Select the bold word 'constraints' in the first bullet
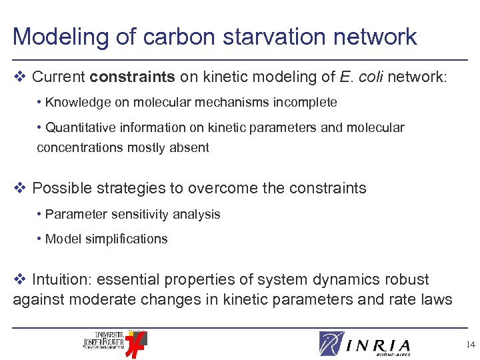coord(133,77)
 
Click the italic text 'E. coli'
coord(361,77)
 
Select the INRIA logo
coord(365,344)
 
